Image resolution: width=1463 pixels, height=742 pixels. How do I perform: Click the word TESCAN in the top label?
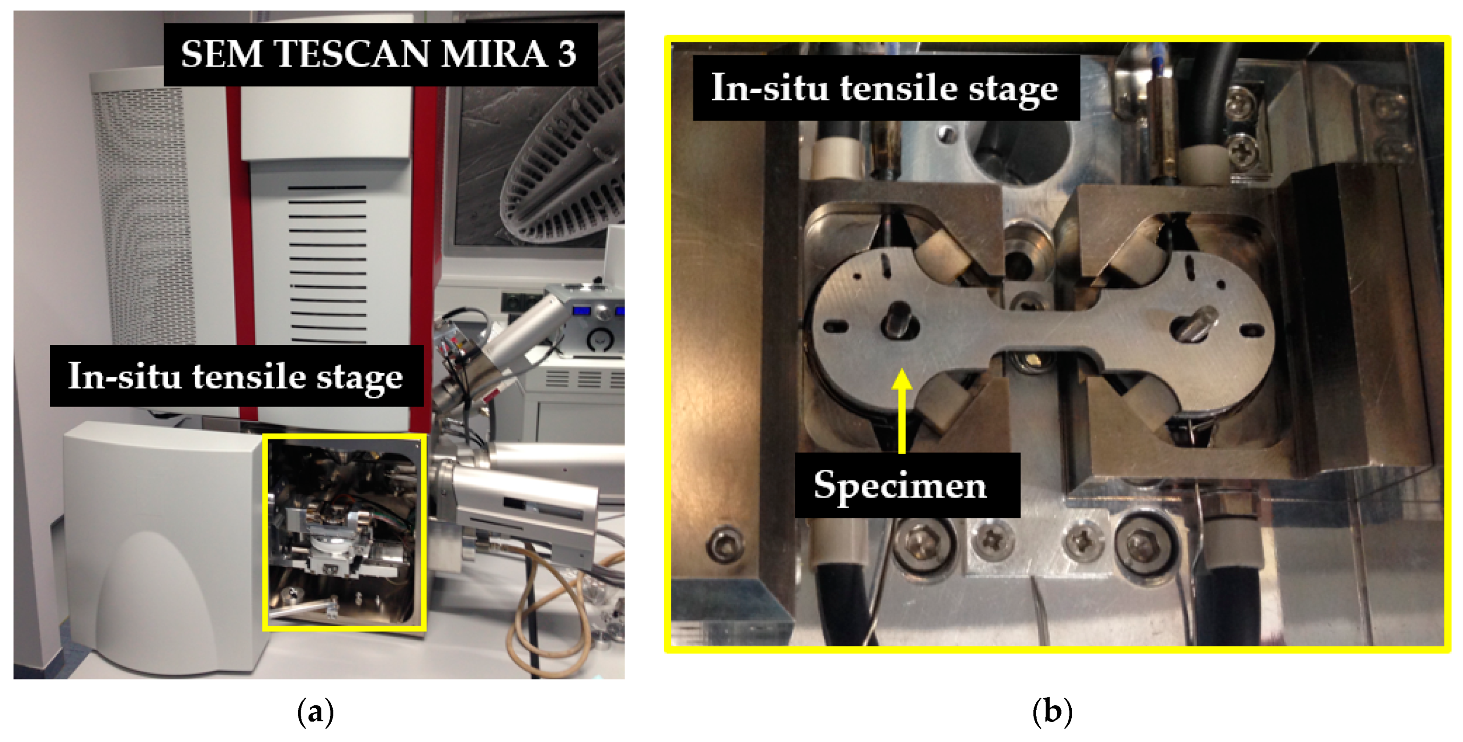coord(352,55)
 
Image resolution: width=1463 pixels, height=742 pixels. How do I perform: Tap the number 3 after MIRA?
coord(566,55)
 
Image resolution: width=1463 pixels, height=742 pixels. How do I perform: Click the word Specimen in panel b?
coord(900,485)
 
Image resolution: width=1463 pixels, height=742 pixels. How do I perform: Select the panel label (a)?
coord(316,711)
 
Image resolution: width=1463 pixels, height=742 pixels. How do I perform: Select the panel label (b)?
coord(1052,711)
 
